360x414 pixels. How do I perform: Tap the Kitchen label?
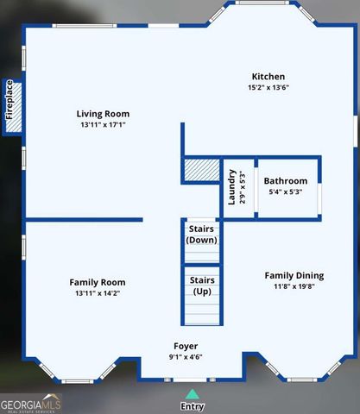(268, 77)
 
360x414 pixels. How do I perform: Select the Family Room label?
(97, 282)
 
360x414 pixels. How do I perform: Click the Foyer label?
(185, 345)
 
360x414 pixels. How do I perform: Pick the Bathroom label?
(285, 181)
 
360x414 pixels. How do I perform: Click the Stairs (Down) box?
(201, 235)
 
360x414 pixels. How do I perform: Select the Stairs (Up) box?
(201, 286)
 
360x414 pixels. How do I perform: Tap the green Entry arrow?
(191, 393)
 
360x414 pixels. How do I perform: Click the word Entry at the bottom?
(192, 406)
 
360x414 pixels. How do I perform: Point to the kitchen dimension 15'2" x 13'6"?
(268, 88)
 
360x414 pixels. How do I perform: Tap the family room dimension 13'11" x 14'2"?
(97, 294)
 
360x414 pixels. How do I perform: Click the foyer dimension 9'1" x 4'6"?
(185, 356)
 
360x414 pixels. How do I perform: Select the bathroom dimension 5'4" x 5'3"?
(285, 192)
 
